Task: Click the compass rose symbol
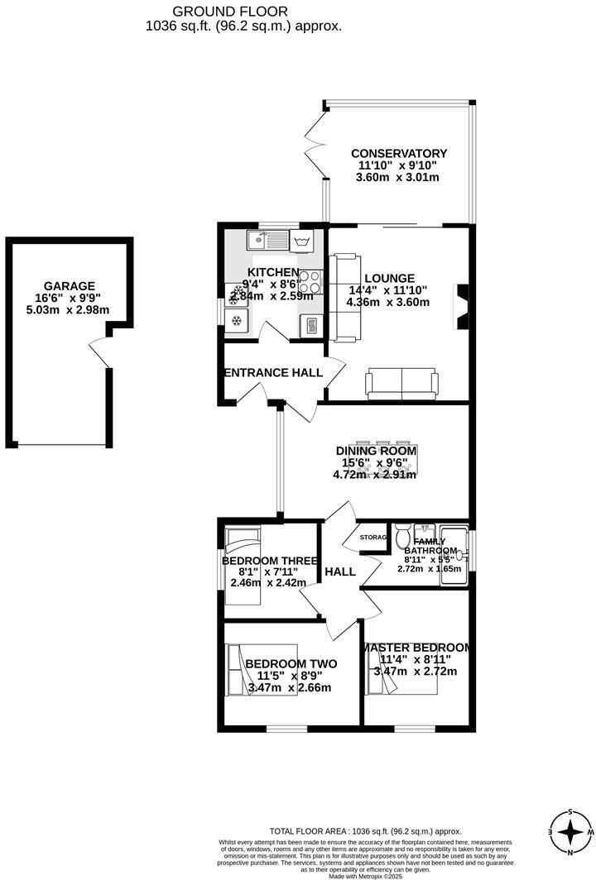tap(570, 830)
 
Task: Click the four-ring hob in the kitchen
tap(310, 282)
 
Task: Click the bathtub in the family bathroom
tap(454, 554)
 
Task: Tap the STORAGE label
tap(373, 538)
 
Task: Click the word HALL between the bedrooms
tap(340, 572)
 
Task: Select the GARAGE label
tap(70, 285)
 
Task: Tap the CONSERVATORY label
tap(398, 153)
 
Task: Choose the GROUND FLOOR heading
tap(230, 12)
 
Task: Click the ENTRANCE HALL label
tap(273, 373)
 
